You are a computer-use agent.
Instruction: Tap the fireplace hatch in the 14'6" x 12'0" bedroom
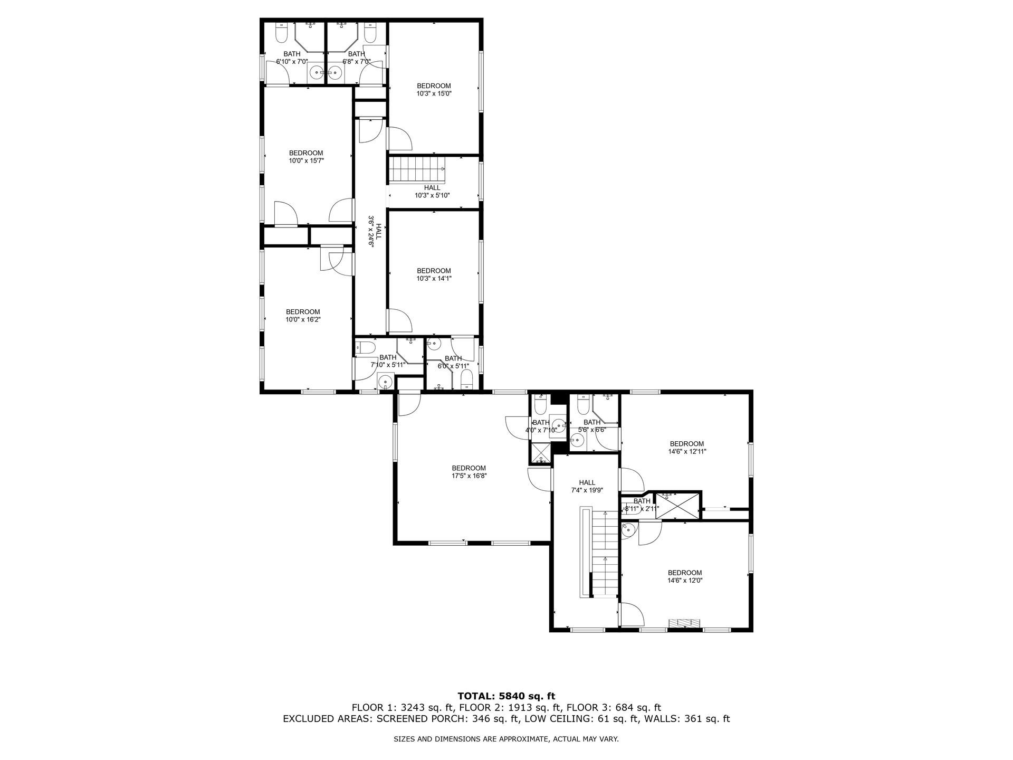[x=685, y=623]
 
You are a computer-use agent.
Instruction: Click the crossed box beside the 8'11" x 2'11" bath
[x=678, y=506]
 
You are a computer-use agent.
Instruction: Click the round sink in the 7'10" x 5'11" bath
[x=385, y=381]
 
